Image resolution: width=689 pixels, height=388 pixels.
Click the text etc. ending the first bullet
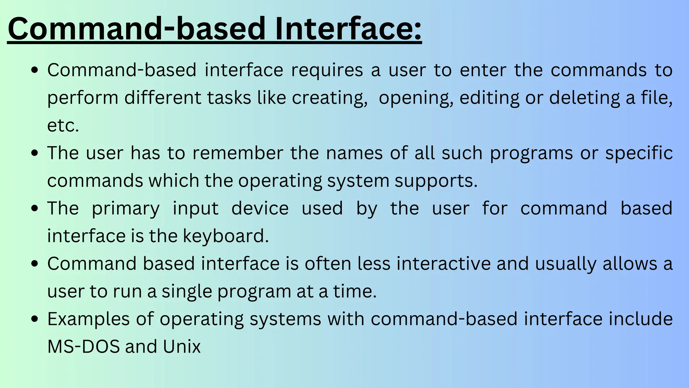pyautogui.click(x=63, y=126)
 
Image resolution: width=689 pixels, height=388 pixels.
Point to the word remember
pyautogui.click(x=238, y=153)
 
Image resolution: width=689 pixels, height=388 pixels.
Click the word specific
pyautogui.click(x=639, y=153)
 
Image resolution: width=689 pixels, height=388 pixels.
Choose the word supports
pyautogui.click(x=436, y=181)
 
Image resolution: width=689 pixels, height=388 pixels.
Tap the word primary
pyautogui.click(x=125, y=208)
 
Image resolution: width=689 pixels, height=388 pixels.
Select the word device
pyautogui.click(x=260, y=208)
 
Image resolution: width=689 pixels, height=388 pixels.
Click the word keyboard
pyautogui.click(x=226, y=236)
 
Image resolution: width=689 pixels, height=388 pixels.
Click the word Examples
pyautogui.click(x=88, y=319)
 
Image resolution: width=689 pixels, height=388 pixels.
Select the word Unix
pyautogui.click(x=182, y=347)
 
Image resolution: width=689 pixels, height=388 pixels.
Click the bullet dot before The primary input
pyautogui.click(x=34, y=208)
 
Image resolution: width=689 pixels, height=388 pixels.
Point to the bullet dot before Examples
pyautogui.click(x=34, y=319)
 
